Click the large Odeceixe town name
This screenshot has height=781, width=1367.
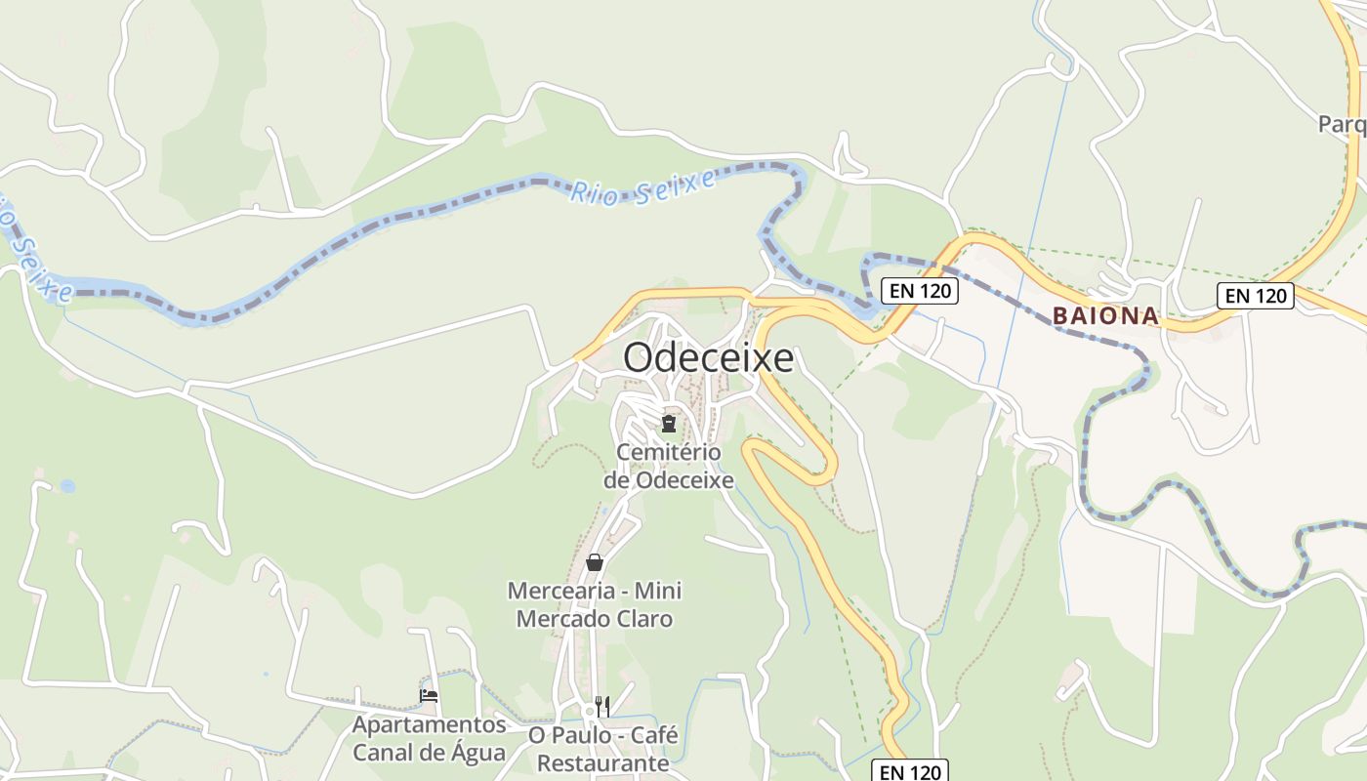(708, 358)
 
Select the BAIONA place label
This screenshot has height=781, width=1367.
(1105, 316)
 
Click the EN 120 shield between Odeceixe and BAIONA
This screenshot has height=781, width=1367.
(919, 291)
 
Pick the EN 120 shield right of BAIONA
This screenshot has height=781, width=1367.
(1255, 296)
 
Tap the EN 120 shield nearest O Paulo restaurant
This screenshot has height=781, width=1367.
(909, 772)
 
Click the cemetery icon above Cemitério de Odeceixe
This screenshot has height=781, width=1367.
(669, 424)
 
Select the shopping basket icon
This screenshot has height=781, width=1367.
(594, 562)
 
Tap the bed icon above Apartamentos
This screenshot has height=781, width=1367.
(429, 696)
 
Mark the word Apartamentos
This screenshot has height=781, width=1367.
(430, 725)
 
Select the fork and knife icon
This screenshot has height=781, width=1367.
(602, 706)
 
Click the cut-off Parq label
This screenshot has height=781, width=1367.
(1342, 124)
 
